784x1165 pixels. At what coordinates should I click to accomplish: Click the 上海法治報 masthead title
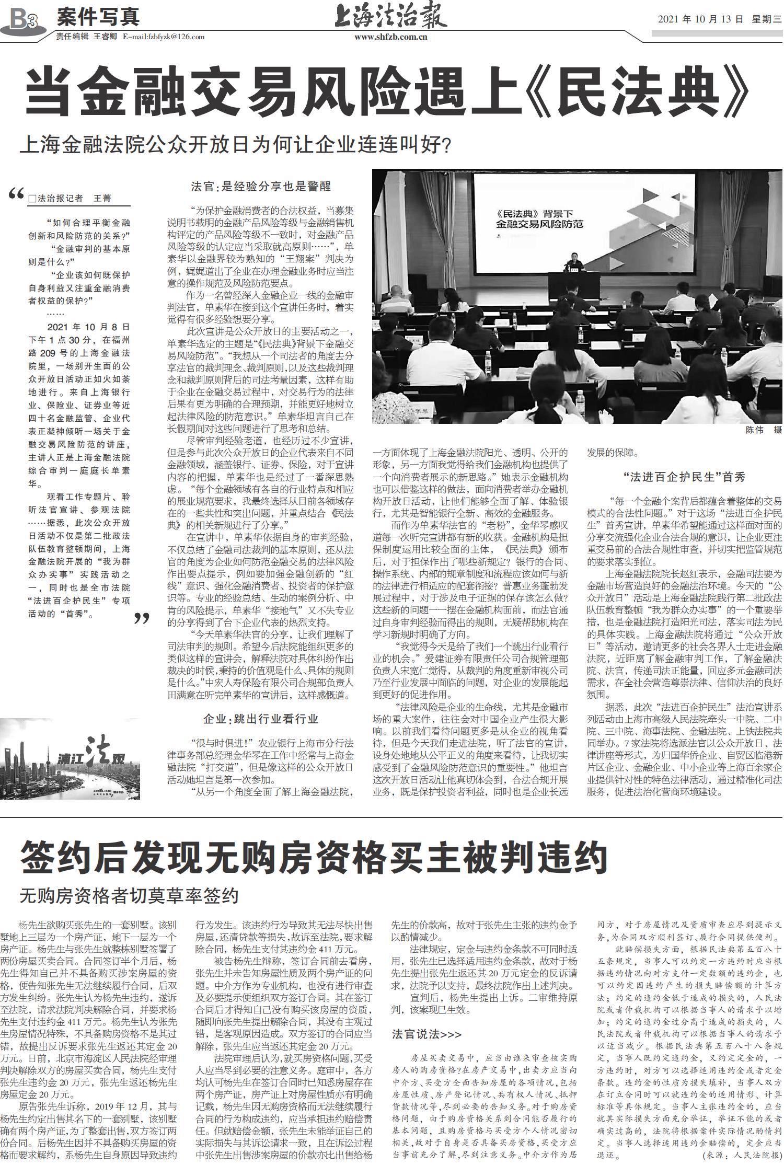point(390,17)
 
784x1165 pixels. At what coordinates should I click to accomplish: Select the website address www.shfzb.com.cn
point(390,37)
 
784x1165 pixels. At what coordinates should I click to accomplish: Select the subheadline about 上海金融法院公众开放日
point(235,144)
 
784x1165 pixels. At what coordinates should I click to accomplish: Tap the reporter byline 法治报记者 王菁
point(71,199)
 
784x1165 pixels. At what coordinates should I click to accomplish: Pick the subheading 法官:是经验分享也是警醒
point(261,186)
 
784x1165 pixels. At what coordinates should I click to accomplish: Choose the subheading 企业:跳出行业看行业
point(261,719)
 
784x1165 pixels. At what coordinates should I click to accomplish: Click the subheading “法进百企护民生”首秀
point(684,476)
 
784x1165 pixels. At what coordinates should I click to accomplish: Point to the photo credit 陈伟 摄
point(763,431)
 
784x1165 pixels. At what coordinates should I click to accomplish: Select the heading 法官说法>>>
point(426,1033)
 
